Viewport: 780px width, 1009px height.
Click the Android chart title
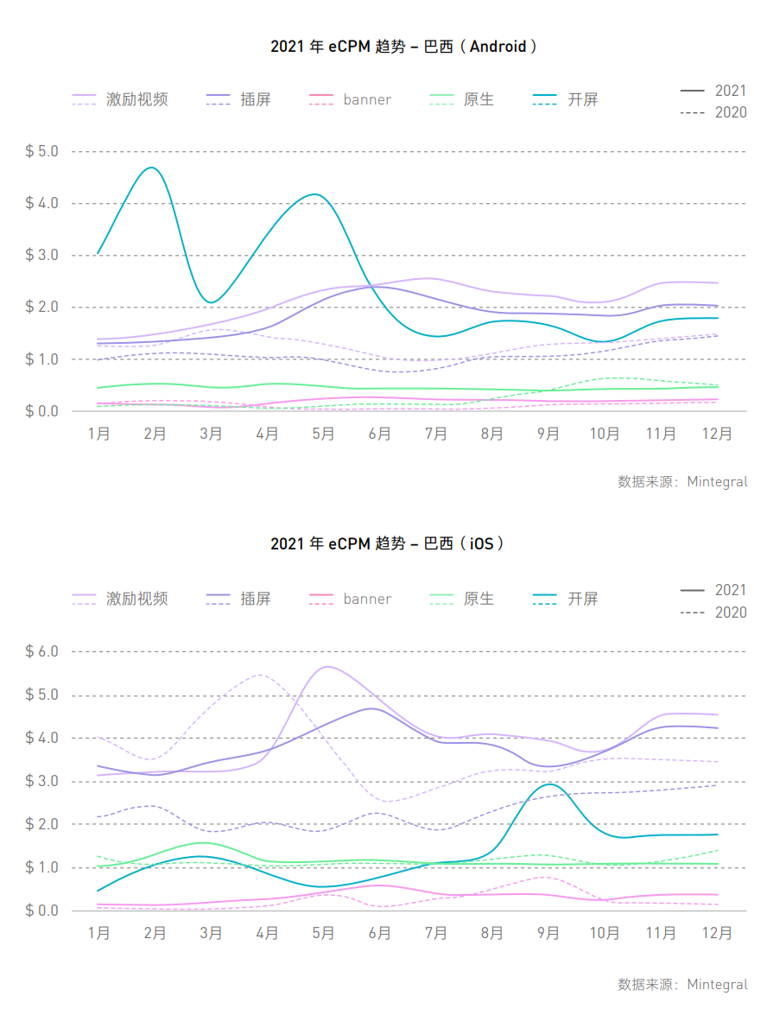403,47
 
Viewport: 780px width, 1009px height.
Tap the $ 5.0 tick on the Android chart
41,152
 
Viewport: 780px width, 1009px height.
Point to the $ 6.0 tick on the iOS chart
41,651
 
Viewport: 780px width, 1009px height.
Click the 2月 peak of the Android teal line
153,168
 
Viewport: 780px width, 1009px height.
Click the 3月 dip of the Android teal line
211,302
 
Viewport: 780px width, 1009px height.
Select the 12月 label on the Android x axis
717,434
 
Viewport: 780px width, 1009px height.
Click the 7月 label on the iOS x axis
436,933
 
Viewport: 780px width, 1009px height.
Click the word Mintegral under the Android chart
717,482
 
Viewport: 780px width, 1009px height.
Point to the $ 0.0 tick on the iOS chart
41,911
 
